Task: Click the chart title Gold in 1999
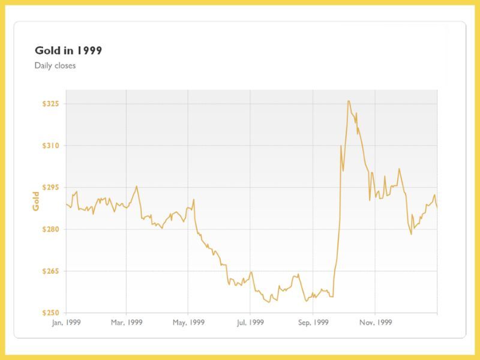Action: (x=68, y=50)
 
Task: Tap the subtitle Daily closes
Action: (x=55, y=65)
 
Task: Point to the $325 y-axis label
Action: (x=50, y=104)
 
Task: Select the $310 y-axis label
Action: (x=50, y=146)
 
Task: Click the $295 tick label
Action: (x=50, y=188)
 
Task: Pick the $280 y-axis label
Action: (x=50, y=229)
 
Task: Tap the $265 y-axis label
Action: (x=50, y=271)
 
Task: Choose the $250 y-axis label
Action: (x=50, y=313)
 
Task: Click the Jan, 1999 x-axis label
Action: (x=66, y=322)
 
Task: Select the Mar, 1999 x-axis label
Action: (x=127, y=322)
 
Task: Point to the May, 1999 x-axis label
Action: (x=188, y=322)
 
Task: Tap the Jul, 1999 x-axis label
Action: (x=250, y=322)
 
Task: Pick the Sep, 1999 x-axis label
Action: (x=313, y=322)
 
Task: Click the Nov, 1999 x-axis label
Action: (x=375, y=322)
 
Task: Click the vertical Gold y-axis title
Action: (x=36, y=201)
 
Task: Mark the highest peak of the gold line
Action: (x=349, y=101)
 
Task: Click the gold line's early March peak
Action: (x=137, y=186)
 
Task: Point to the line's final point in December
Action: (x=437, y=208)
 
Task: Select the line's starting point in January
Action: (x=66, y=205)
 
